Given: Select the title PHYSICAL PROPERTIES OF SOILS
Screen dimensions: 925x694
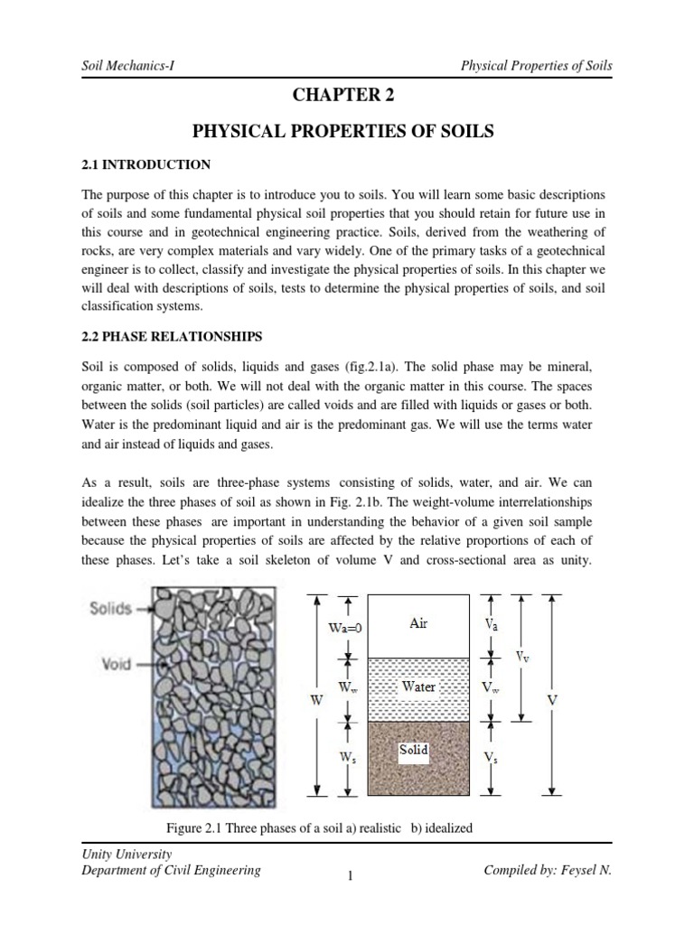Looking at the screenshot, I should point(344,132).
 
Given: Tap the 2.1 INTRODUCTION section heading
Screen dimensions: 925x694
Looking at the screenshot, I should point(145,164).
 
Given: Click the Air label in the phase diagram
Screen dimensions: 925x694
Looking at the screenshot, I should point(418,623).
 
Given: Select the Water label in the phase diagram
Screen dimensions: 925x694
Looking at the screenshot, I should point(418,687).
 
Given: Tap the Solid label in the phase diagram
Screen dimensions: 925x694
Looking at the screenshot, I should point(414,750).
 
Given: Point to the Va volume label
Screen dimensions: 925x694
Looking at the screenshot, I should point(489,623).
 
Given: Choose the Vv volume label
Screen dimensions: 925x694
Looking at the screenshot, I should point(522,658).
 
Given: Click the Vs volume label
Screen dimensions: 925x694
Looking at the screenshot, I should point(489,760).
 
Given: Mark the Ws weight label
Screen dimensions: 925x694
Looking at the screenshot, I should point(346,760).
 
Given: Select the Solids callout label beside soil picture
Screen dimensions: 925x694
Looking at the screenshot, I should point(111,611).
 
